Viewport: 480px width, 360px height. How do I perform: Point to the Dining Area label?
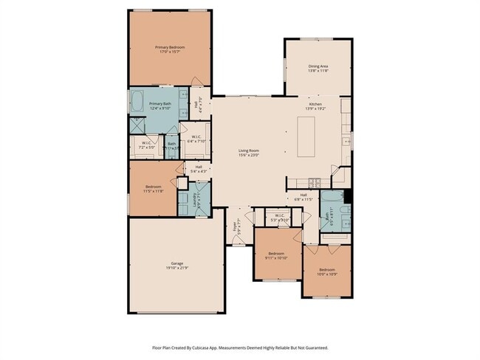(318, 66)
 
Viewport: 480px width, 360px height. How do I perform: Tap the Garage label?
(177, 263)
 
